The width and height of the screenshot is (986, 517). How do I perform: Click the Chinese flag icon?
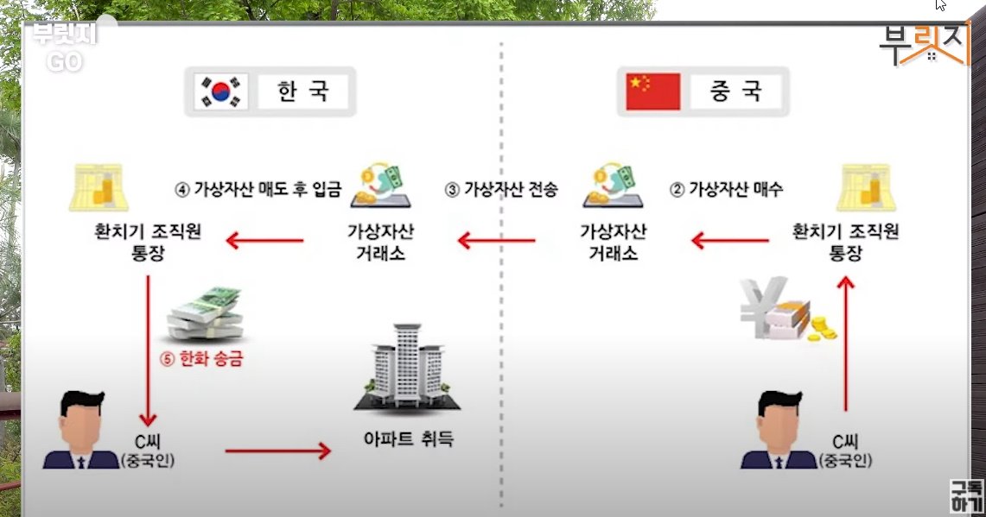(652, 91)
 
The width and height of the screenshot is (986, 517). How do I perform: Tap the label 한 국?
(302, 91)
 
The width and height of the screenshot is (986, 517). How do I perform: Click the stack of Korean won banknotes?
(204, 315)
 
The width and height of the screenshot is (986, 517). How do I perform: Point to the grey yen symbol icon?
(757, 306)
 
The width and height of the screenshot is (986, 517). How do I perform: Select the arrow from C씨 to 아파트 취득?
(277, 450)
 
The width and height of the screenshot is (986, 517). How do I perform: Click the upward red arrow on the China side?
(846, 345)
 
